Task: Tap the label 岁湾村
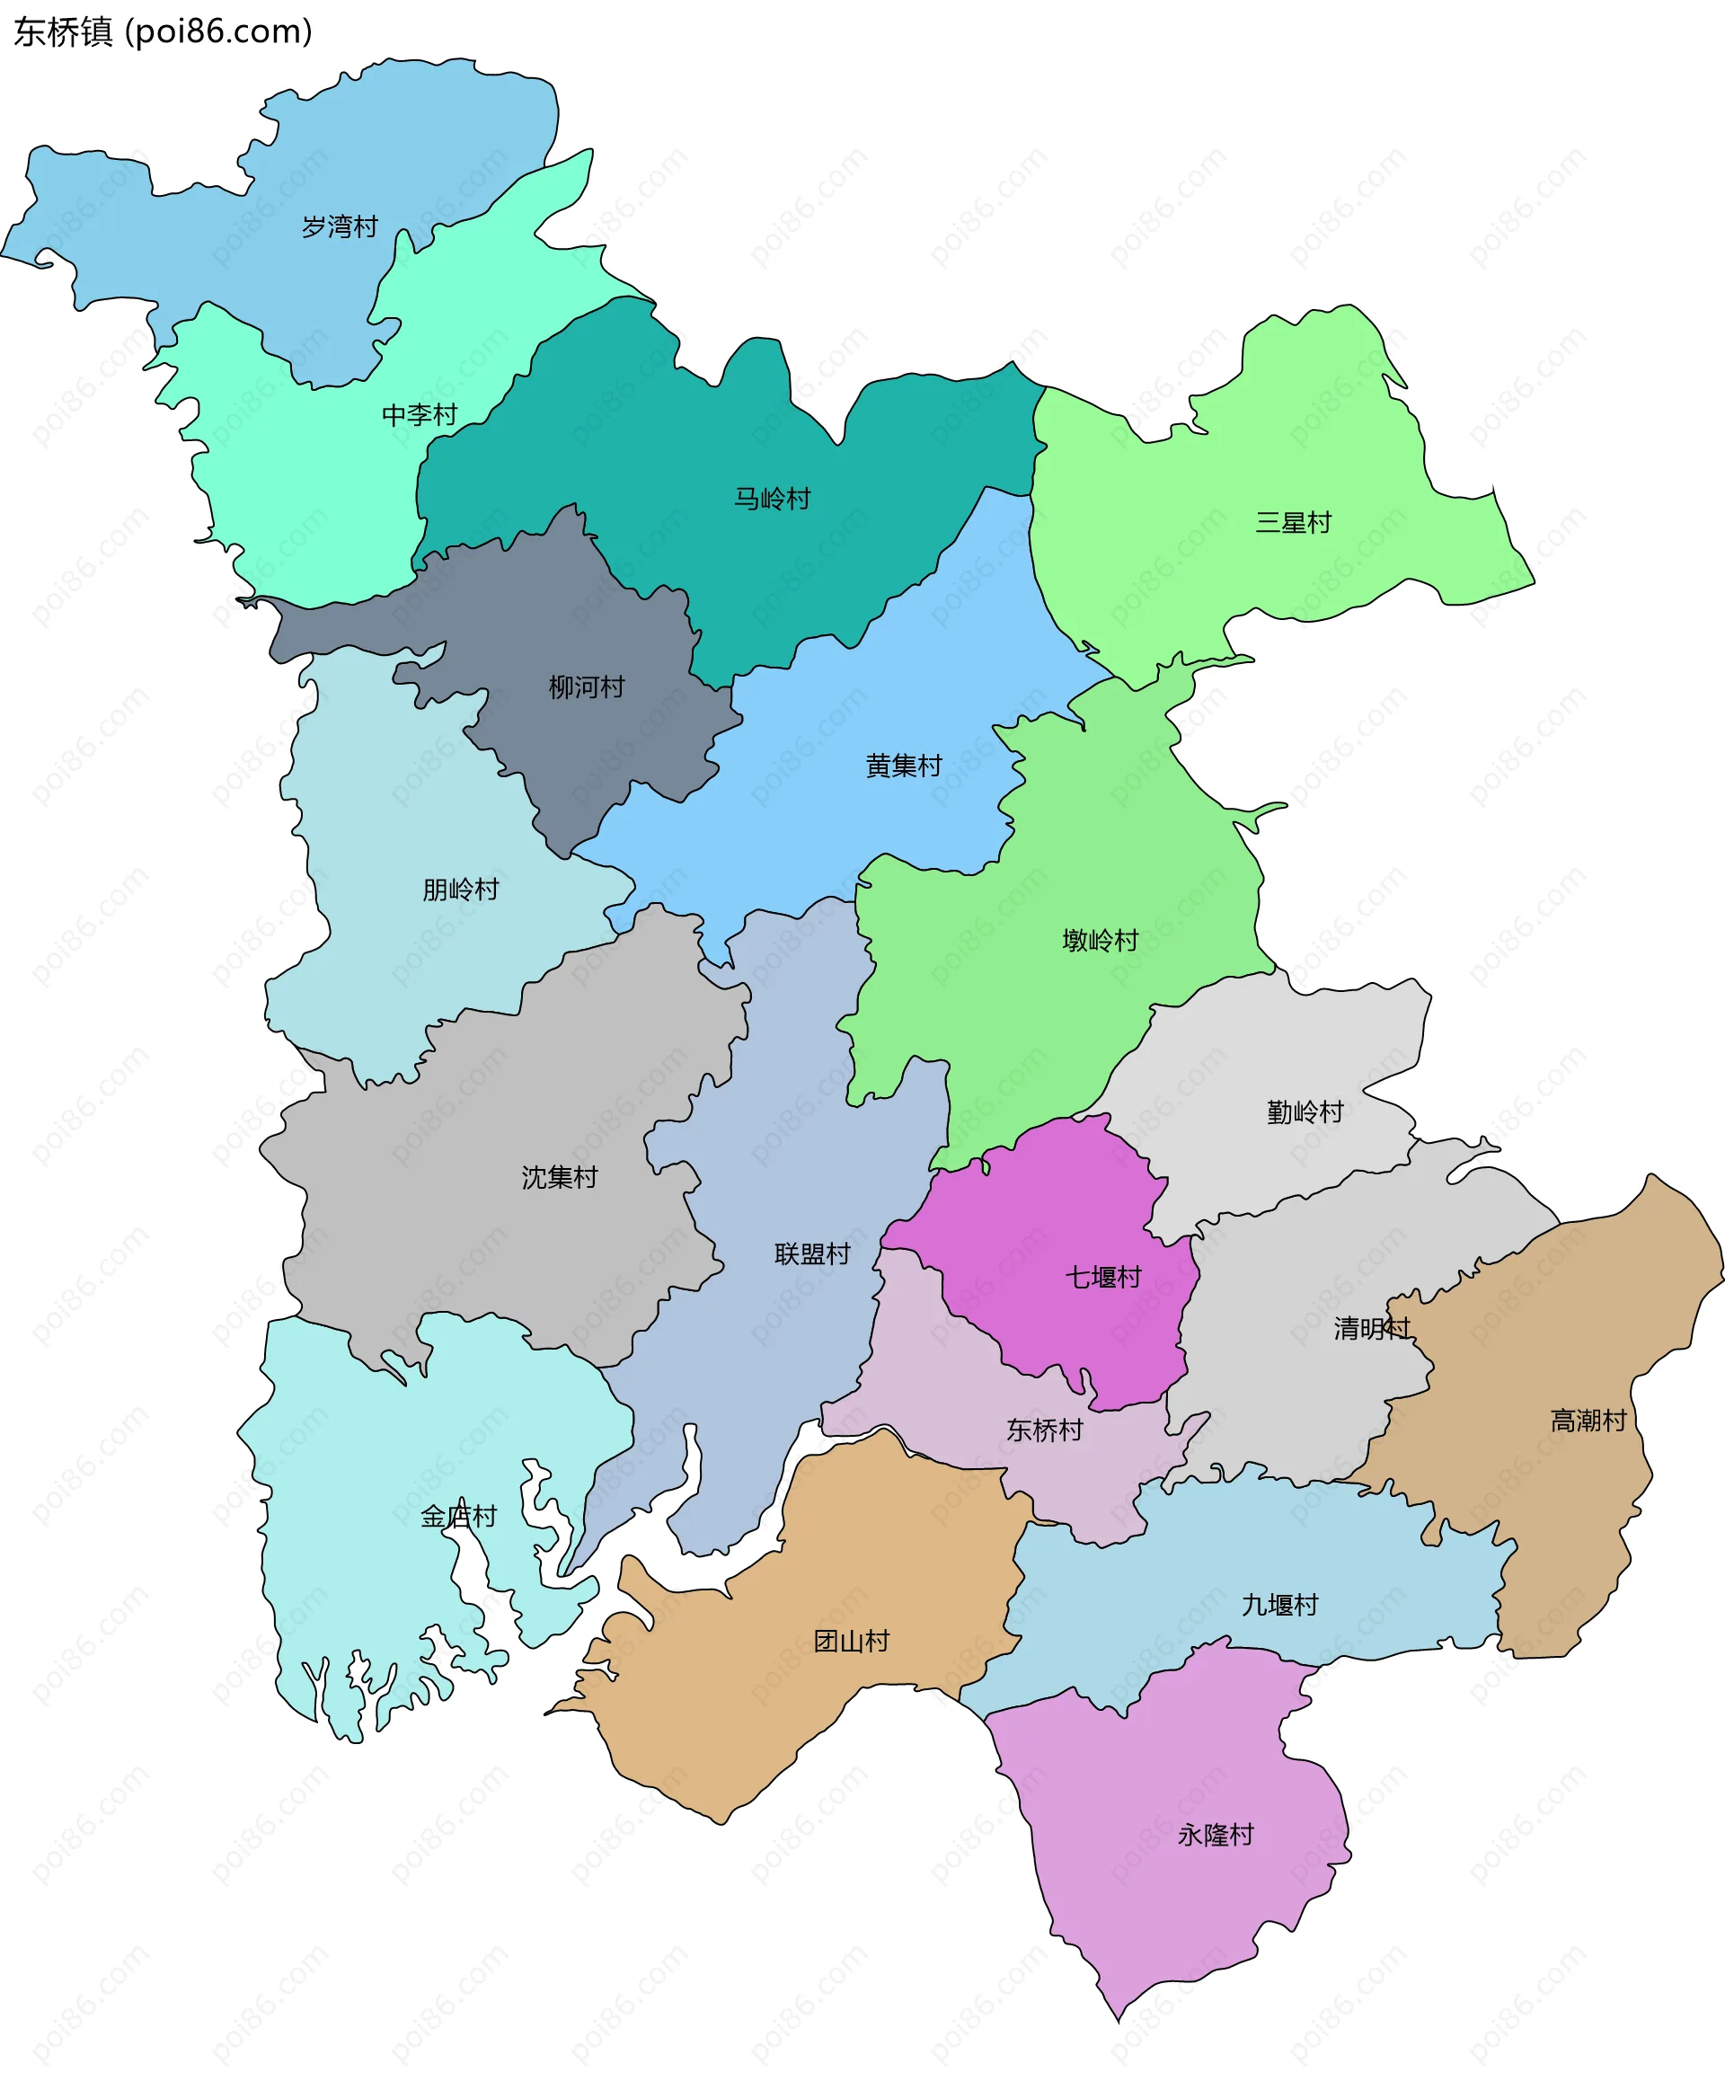tap(340, 227)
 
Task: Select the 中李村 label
tap(419, 414)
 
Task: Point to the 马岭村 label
tap(772, 499)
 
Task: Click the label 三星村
tap(1293, 522)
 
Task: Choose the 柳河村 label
tap(587, 686)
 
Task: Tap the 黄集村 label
tap(903, 766)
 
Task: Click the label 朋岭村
tap(460, 889)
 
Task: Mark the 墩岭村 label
tap(1100, 940)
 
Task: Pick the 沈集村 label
tap(560, 1176)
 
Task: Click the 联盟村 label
tap(812, 1253)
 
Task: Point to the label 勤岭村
tap(1305, 1111)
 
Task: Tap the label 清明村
tap(1371, 1328)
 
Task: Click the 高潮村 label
tap(1588, 1420)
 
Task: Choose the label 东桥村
tap(1044, 1429)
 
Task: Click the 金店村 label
tap(458, 1516)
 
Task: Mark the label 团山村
tap(851, 1641)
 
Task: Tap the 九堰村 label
tap(1280, 1605)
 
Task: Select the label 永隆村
tap(1216, 1834)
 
